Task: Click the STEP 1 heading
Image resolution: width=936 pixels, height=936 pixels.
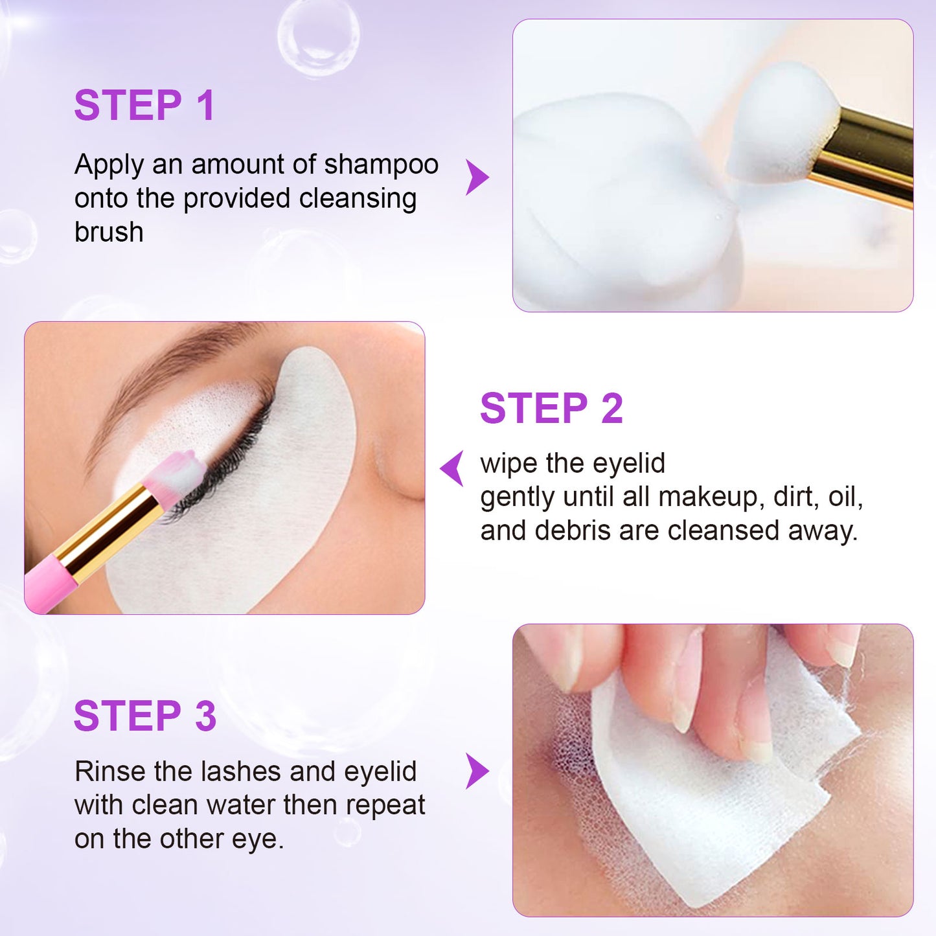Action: [144, 106]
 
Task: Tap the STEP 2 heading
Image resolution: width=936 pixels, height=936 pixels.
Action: [551, 409]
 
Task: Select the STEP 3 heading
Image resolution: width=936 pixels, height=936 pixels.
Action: [145, 716]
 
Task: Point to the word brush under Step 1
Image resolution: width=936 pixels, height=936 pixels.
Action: [109, 233]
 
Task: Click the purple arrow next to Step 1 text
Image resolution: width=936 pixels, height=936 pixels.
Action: [477, 177]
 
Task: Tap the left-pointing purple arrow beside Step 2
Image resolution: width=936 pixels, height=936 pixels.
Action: [453, 468]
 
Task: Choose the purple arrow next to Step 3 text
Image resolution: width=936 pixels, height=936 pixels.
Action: [477, 771]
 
